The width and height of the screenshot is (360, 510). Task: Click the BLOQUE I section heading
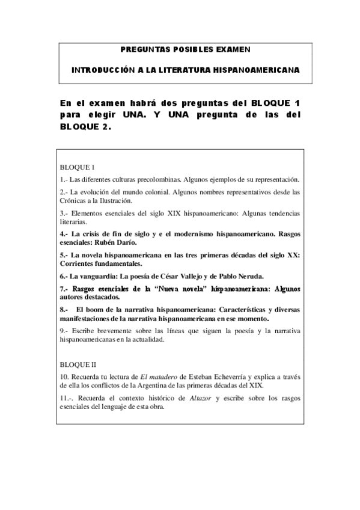pyautogui.click(x=78, y=167)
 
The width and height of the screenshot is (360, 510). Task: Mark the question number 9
pyautogui.click(x=64, y=331)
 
